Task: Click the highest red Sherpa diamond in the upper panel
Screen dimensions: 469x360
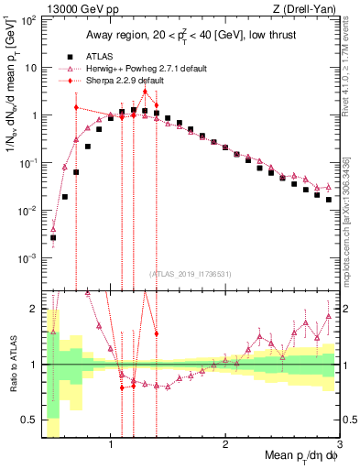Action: [x=145, y=92]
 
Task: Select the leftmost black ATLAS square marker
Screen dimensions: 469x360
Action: [x=53, y=237]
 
